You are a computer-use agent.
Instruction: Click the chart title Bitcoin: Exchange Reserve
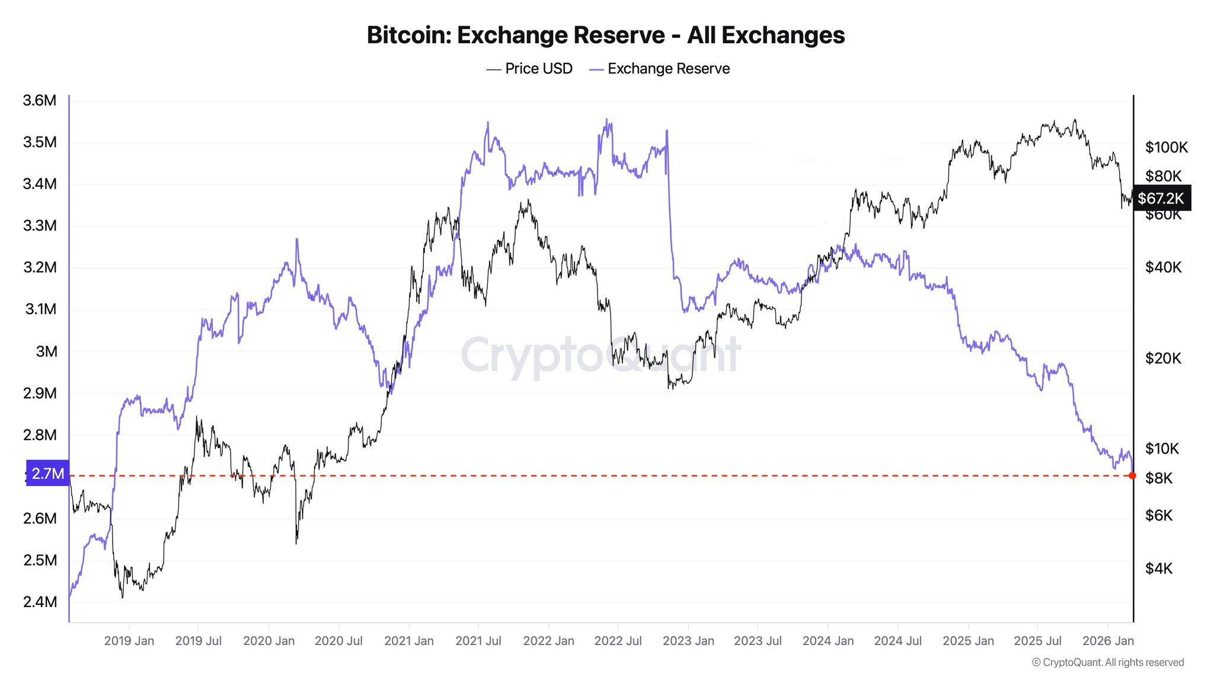tap(606, 35)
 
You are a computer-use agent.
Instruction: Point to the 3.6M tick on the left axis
tap(40, 100)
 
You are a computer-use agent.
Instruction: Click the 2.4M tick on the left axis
tap(40, 602)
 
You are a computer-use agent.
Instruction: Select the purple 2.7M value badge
tap(47, 473)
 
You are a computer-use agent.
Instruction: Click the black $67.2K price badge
tap(1160, 198)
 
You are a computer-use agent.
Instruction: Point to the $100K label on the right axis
tap(1166, 147)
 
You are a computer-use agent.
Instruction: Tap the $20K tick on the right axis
tap(1163, 358)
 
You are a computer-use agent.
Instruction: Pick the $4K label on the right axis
tap(1159, 569)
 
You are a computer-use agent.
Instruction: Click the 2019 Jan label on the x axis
tap(129, 641)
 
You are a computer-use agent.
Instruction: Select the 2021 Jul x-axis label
tap(478, 641)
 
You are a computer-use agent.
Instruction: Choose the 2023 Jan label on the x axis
tap(688, 641)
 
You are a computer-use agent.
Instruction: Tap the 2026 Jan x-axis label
tap(1107, 641)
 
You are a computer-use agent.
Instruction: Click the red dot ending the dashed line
tap(1133, 475)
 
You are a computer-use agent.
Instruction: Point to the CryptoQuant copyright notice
tap(1107, 662)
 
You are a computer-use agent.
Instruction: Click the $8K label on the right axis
tap(1159, 478)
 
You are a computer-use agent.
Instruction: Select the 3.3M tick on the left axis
tap(40, 225)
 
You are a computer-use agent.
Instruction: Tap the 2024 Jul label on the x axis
tap(897, 641)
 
